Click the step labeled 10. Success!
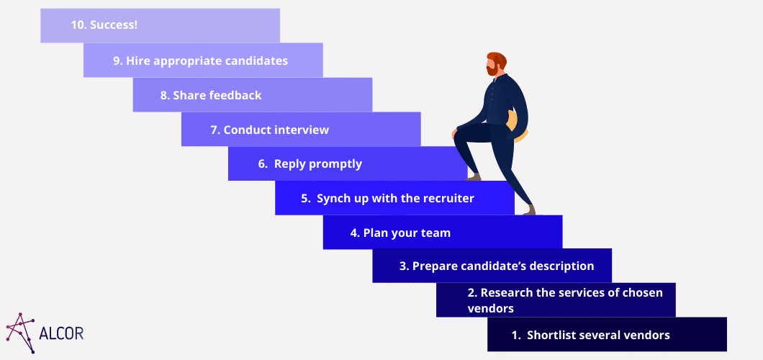[x=160, y=25]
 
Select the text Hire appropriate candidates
[x=207, y=60]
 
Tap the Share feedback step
[x=253, y=95]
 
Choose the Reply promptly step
[x=348, y=163]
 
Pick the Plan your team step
[x=443, y=233]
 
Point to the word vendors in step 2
[x=490, y=308]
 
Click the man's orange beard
[x=492, y=70]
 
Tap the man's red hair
[x=497, y=59]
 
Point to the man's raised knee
[x=457, y=132]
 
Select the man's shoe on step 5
[x=529, y=210]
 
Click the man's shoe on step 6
[x=473, y=177]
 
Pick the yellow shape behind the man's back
[x=517, y=127]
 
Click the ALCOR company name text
[x=60, y=334]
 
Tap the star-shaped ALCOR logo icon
[x=20, y=332]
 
